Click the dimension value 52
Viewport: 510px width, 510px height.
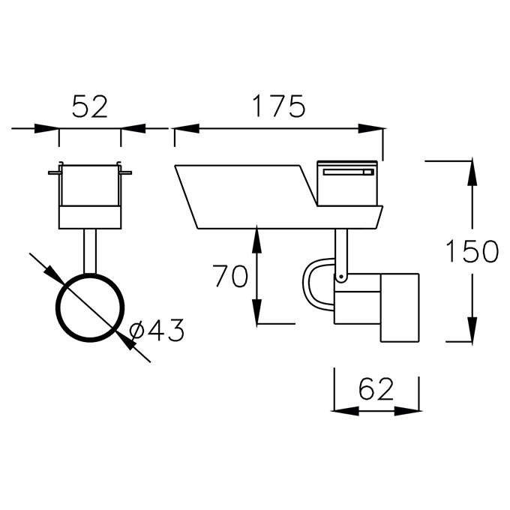tap(90, 106)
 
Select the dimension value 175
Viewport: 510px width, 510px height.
tap(279, 106)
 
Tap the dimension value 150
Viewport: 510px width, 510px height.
tap(472, 251)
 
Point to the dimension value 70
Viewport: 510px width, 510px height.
tap(230, 276)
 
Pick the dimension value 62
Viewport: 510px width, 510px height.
tap(376, 389)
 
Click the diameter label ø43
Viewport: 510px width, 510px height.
tap(157, 330)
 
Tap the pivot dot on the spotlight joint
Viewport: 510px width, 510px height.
tap(340, 277)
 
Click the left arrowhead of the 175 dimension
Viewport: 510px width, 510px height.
tap(187, 128)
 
